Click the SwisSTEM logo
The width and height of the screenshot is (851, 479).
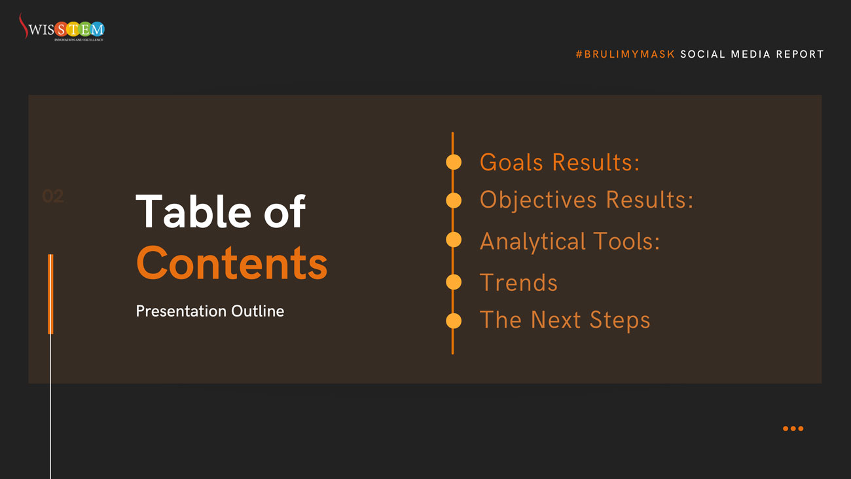62,27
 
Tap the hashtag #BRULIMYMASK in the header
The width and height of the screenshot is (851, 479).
625,54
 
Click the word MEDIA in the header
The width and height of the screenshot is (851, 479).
751,54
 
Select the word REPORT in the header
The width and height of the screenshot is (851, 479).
800,54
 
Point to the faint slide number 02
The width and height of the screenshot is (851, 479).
53,196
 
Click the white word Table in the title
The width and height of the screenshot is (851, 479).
193,211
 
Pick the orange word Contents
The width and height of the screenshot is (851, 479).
232,263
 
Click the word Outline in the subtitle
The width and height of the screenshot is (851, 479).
257,311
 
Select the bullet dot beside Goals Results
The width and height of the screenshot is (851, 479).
454,162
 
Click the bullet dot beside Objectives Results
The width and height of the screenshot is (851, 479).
454,201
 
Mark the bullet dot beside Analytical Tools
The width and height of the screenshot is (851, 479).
454,240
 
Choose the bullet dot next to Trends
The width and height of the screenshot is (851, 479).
454,282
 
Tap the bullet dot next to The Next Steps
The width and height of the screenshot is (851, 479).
454,321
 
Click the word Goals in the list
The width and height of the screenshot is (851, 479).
511,163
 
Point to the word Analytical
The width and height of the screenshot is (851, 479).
533,242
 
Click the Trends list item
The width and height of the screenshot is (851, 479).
518,282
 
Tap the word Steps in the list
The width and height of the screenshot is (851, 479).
620,320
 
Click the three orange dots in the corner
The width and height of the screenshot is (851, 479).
793,429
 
